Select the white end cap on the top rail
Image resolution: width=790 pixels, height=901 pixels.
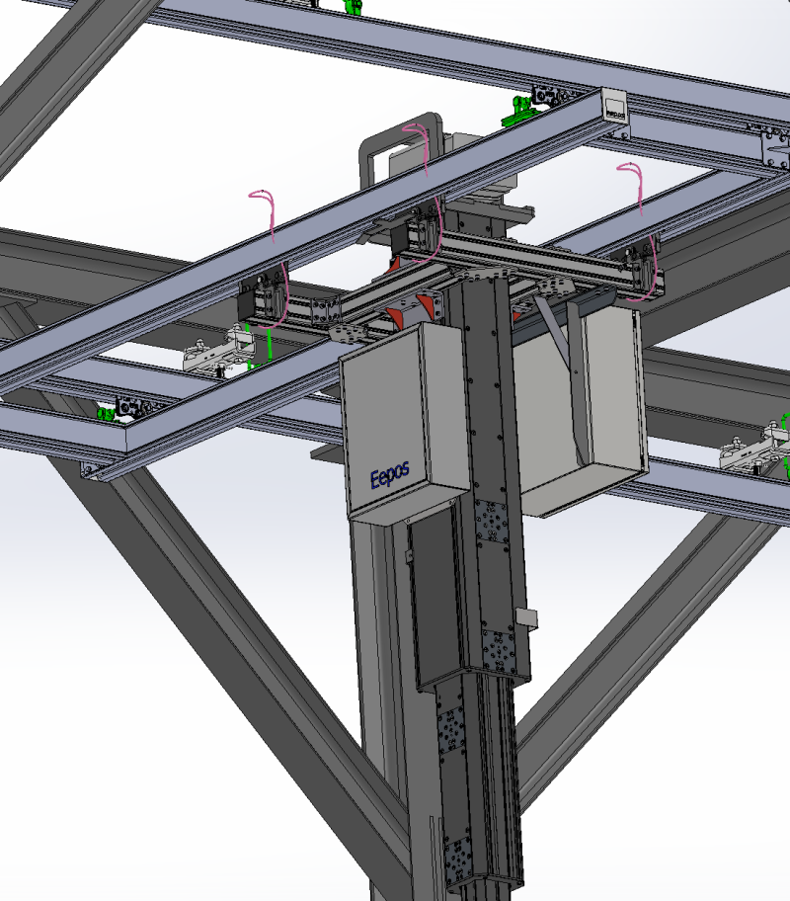pos(614,106)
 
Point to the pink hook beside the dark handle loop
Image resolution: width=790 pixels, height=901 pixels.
pos(422,148)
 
